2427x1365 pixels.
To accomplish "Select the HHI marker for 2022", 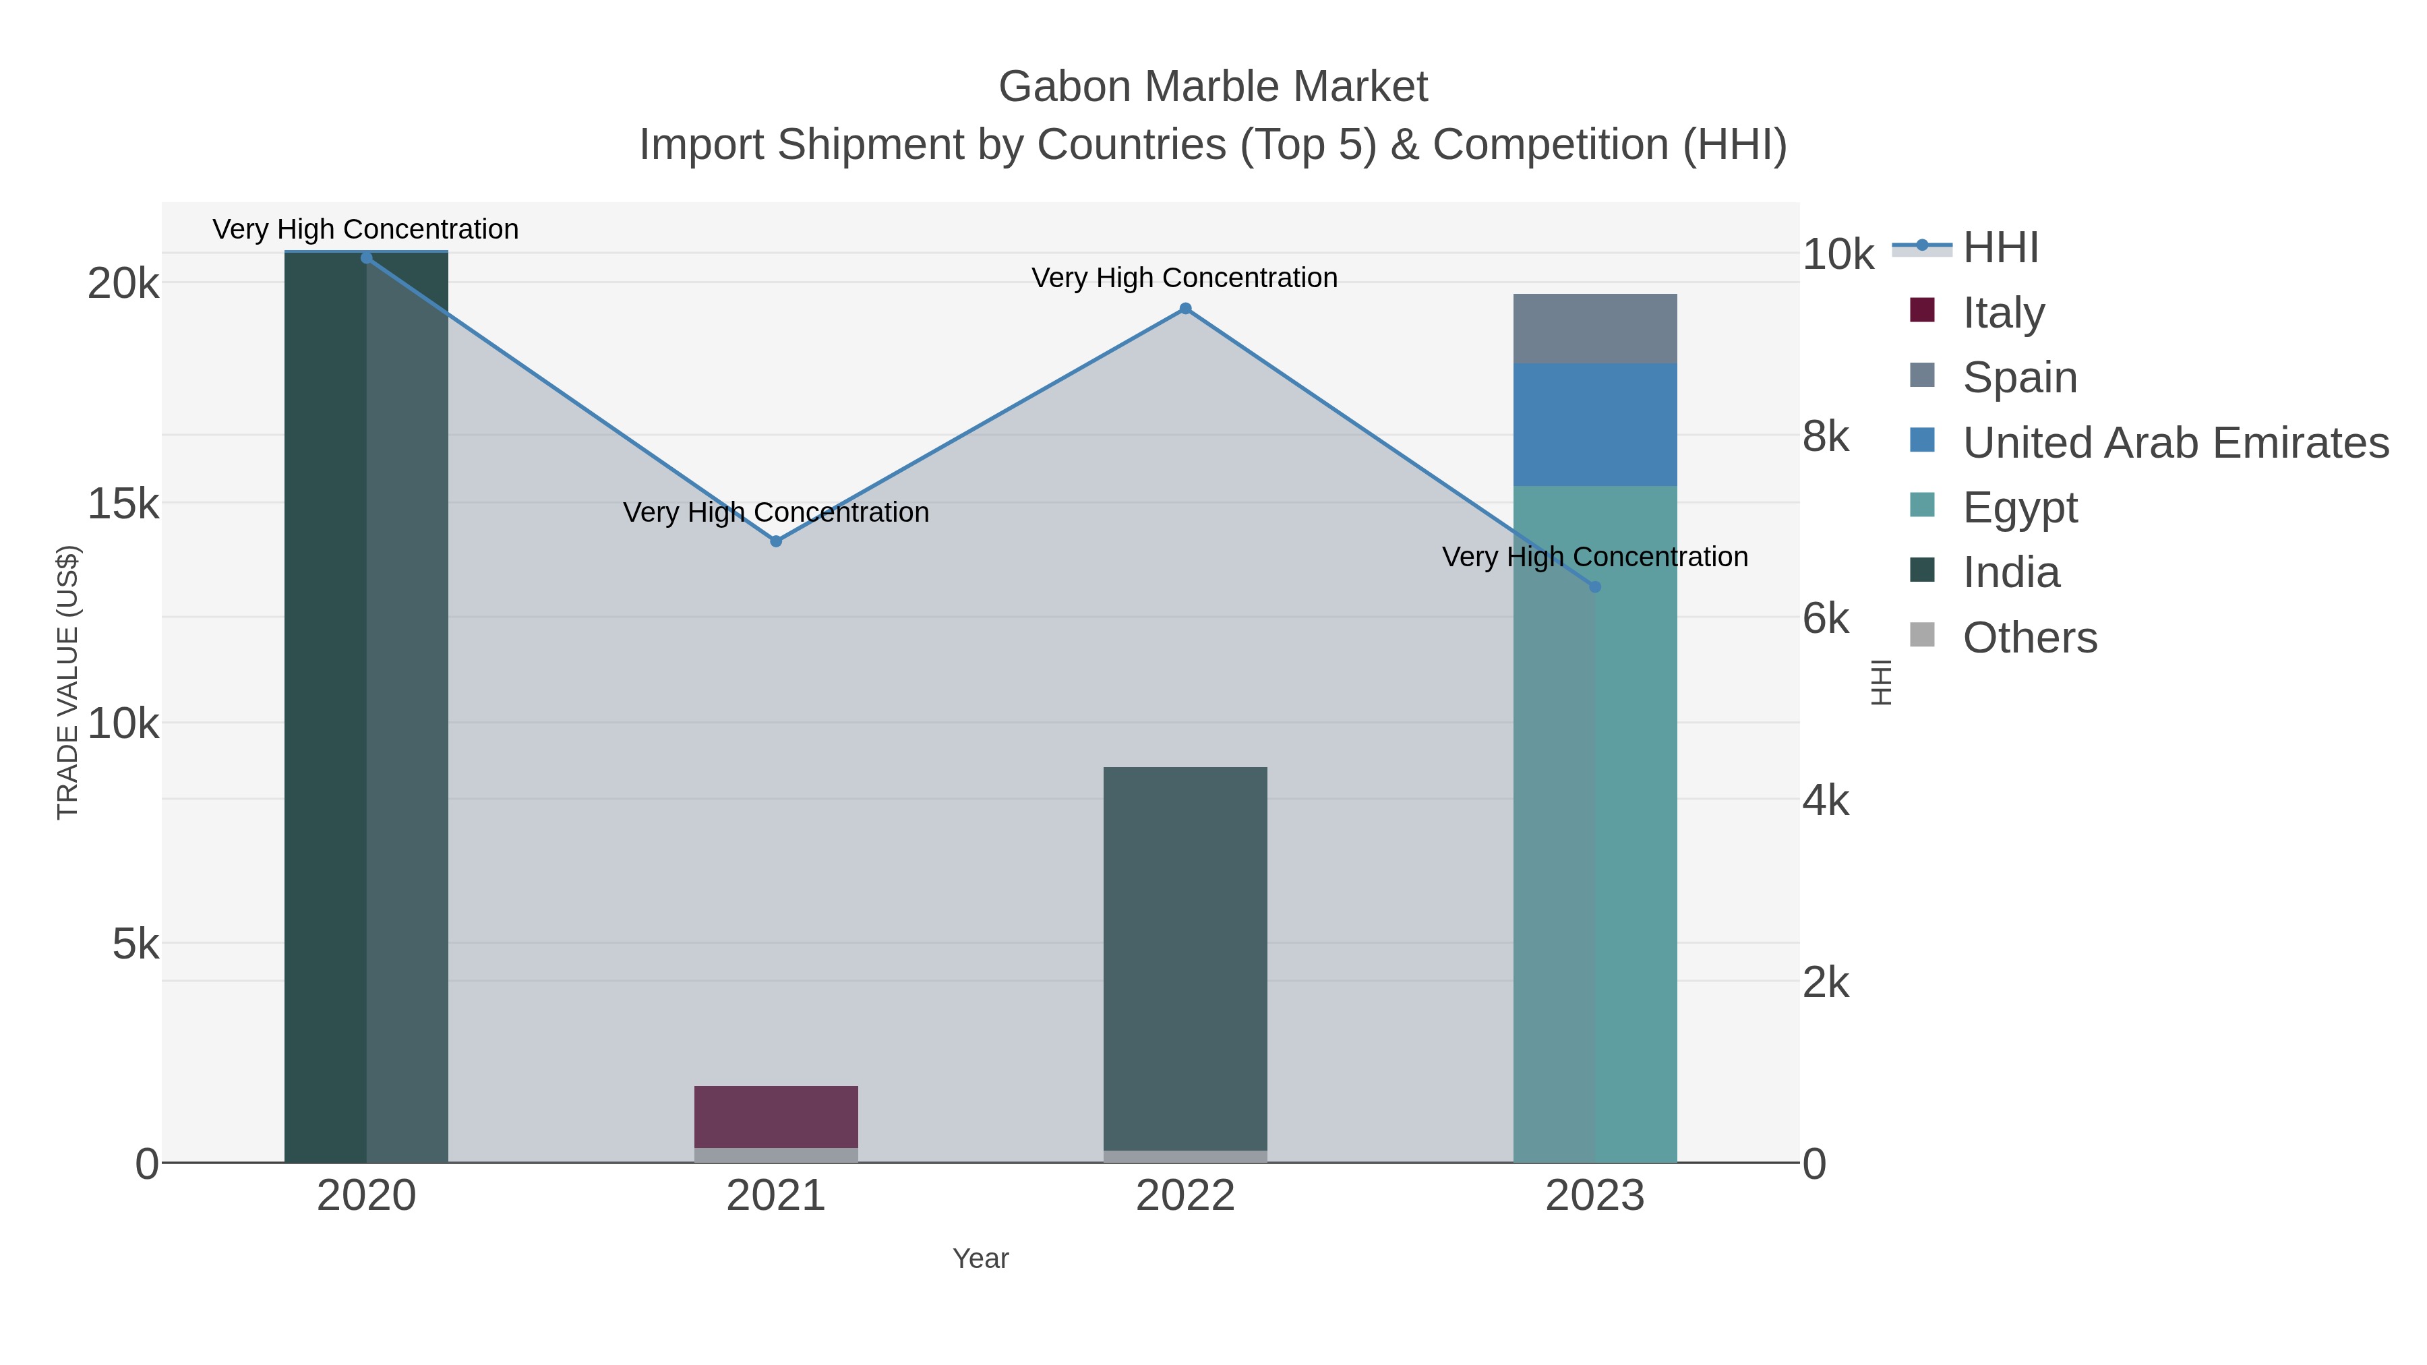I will click(x=1185, y=309).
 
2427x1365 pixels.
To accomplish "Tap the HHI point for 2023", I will click(x=1594, y=587).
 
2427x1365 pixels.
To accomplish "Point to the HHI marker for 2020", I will click(x=367, y=258).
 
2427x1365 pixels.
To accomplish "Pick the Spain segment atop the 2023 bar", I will click(x=1594, y=329).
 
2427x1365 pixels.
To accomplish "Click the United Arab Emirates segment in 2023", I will click(x=1594, y=425).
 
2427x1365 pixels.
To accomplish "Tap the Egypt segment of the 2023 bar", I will click(x=1594, y=824).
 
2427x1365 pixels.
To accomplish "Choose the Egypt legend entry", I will click(x=2019, y=508).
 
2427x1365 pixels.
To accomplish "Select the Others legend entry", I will click(x=2029, y=638).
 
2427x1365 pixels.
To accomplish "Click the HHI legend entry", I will click(x=2000, y=248).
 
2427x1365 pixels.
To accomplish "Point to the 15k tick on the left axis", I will click(x=123, y=504).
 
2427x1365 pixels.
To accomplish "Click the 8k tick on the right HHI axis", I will click(x=1826, y=437).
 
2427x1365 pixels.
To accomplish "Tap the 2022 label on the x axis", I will click(x=1185, y=1196).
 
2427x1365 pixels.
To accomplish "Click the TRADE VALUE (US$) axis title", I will click(x=68, y=682).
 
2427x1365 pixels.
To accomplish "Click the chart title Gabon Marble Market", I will click(x=1213, y=87).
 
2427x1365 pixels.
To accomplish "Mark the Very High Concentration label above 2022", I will click(x=1185, y=278).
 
